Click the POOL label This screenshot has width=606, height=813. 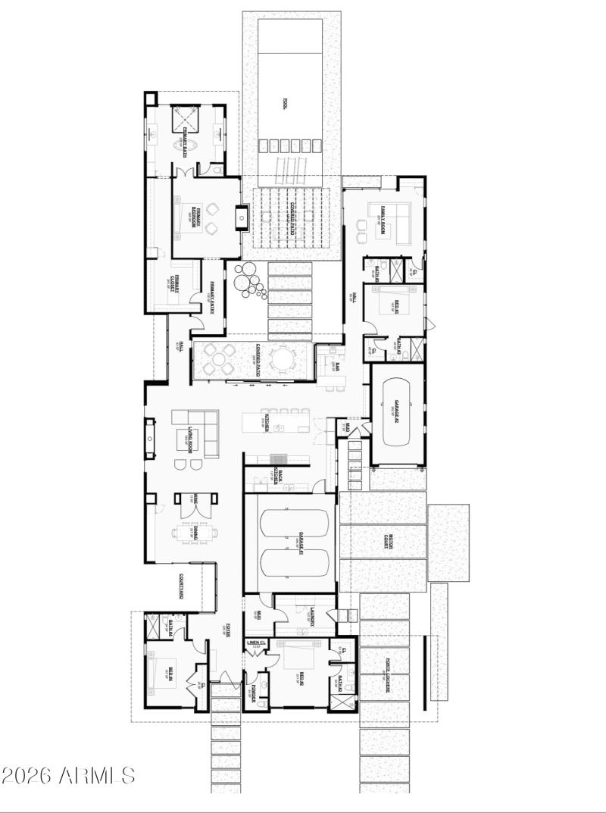(x=286, y=104)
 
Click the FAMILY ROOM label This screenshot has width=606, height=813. (x=385, y=217)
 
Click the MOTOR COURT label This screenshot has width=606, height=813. (x=387, y=541)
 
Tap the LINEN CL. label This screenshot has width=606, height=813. (x=257, y=643)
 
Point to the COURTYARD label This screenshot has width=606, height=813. (x=182, y=586)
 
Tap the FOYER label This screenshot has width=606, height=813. (x=229, y=631)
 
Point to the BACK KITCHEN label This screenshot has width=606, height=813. (x=280, y=476)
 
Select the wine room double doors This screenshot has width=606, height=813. (x=186, y=503)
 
